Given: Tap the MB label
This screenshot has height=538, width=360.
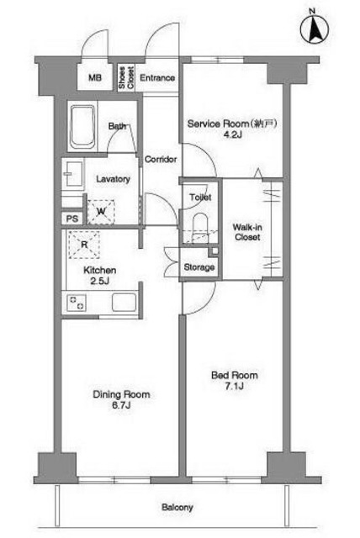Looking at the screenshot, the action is click(x=95, y=77).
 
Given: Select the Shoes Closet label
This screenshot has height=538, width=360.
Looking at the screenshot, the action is click(x=126, y=78).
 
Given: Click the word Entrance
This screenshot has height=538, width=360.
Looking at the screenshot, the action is click(x=157, y=78).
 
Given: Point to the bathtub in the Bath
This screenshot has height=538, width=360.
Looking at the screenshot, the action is click(x=82, y=127).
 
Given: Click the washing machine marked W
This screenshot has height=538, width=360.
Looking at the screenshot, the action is click(x=101, y=212).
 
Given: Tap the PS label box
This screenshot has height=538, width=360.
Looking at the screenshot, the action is click(x=72, y=219).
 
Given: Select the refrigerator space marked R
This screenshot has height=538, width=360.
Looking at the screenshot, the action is click(x=84, y=245).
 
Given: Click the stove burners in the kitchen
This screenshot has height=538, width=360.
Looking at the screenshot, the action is click(x=77, y=303).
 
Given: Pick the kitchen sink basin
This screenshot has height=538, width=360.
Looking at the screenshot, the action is click(x=124, y=303).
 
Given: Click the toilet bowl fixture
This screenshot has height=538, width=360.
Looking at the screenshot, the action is click(x=200, y=228).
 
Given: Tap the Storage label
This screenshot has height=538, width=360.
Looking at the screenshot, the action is click(x=199, y=267).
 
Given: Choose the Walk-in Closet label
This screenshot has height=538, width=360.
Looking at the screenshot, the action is click(x=247, y=232).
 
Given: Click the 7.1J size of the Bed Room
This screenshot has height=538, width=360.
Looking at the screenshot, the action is click(x=234, y=387).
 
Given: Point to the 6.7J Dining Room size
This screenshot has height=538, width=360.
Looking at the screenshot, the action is click(x=121, y=405).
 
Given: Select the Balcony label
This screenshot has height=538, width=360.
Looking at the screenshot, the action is click(x=177, y=507).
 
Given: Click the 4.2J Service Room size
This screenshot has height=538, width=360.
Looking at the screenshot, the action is click(x=233, y=134).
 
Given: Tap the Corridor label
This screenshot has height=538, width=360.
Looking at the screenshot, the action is click(x=161, y=159).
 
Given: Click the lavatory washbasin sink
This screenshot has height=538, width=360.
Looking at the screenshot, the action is click(x=73, y=174).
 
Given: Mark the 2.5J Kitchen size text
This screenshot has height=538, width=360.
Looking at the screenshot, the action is click(x=100, y=282).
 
